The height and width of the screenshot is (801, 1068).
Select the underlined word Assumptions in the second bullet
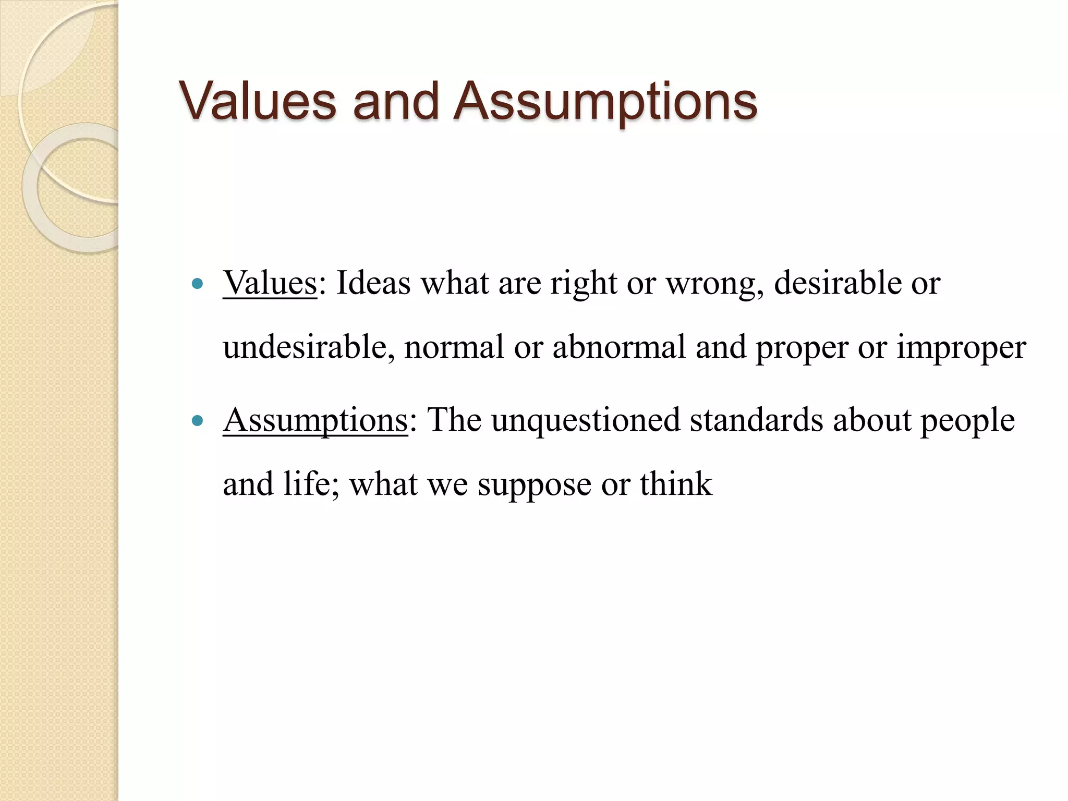click(x=315, y=420)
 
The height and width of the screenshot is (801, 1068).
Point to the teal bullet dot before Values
click(x=197, y=284)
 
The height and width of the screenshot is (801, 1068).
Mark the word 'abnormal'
click(x=619, y=347)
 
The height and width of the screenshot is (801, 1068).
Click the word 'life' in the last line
click(x=310, y=484)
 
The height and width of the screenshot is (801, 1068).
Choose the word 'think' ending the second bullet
click(x=675, y=484)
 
